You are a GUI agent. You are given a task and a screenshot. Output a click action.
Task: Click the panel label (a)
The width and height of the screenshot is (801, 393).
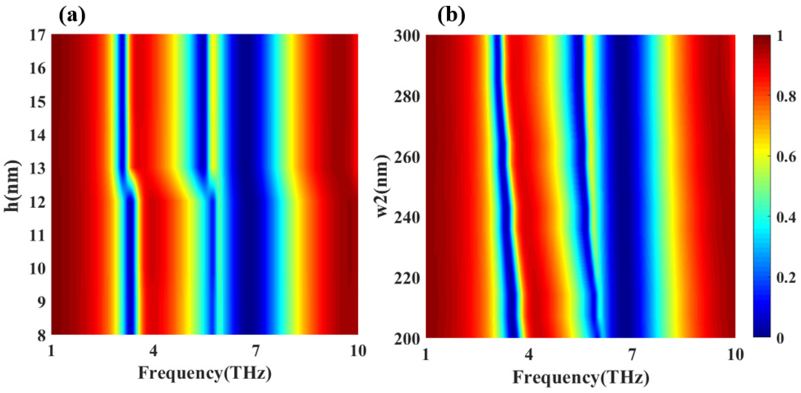[x=72, y=16]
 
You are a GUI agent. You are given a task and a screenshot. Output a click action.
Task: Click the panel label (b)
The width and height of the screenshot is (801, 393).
[x=451, y=16]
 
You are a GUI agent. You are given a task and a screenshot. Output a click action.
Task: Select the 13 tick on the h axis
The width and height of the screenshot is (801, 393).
[x=38, y=169]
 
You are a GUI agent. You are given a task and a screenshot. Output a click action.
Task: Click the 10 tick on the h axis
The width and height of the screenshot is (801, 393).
[x=38, y=269]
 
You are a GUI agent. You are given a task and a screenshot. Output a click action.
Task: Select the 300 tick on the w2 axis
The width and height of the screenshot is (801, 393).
[x=407, y=36]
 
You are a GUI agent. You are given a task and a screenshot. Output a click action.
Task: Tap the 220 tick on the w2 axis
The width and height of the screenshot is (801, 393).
[x=407, y=278]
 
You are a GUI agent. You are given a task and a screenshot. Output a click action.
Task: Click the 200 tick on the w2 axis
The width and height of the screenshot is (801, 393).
[x=407, y=339]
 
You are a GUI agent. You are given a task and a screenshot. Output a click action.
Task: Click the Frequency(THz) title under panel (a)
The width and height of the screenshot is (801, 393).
[x=205, y=373]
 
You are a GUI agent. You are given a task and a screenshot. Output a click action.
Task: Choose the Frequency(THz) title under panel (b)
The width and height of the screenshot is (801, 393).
[x=581, y=377]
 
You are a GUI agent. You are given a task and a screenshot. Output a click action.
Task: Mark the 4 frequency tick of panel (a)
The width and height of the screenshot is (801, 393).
[x=153, y=351]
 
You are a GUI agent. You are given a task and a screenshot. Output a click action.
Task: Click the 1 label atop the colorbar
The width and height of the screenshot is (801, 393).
[x=780, y=36]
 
